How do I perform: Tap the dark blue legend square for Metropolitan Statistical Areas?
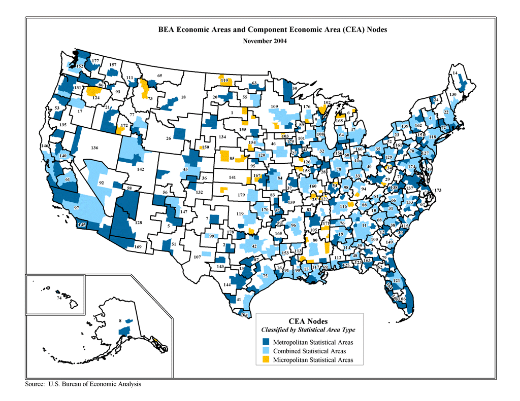pyautogui.click(x=266, y=342)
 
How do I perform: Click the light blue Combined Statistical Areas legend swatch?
pyautogui.click(x=266, y=351)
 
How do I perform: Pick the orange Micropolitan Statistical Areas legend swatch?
pyautogui.click(x=266, y=360)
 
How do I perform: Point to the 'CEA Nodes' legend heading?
pyautogui.click(x=308, y=321)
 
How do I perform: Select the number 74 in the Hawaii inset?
pyautogui.click(x=59, y=299)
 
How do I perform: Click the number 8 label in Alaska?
pyautogui.click(x=120, y=321)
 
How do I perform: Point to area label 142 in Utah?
pyautogui.click(x=141, y=170)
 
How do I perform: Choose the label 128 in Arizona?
pyautogui.click(x=139, y=223)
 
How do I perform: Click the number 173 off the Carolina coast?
pyautogui.click(x=438, y=190)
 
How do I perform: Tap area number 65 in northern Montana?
pyautogui.click(x=159, y=76)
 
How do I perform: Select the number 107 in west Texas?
pyautogui.click(x=198, y=257)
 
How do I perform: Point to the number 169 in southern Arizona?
pyautogui.click(x=138, y=247)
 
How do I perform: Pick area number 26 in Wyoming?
pyautogui.click(x=169, y=138)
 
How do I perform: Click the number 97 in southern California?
pyautogui.click(x=77, y=208)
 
